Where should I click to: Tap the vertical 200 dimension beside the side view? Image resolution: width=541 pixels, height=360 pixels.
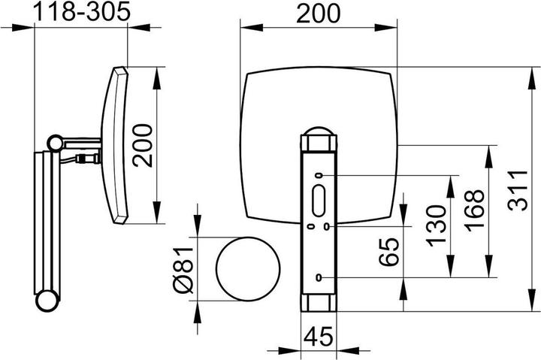[144, 144]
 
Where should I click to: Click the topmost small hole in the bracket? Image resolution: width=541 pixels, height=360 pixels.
[319, 176]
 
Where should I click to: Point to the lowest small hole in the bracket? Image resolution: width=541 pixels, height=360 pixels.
[319, 278]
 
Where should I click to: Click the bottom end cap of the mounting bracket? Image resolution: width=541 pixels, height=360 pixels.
[319, 304]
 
